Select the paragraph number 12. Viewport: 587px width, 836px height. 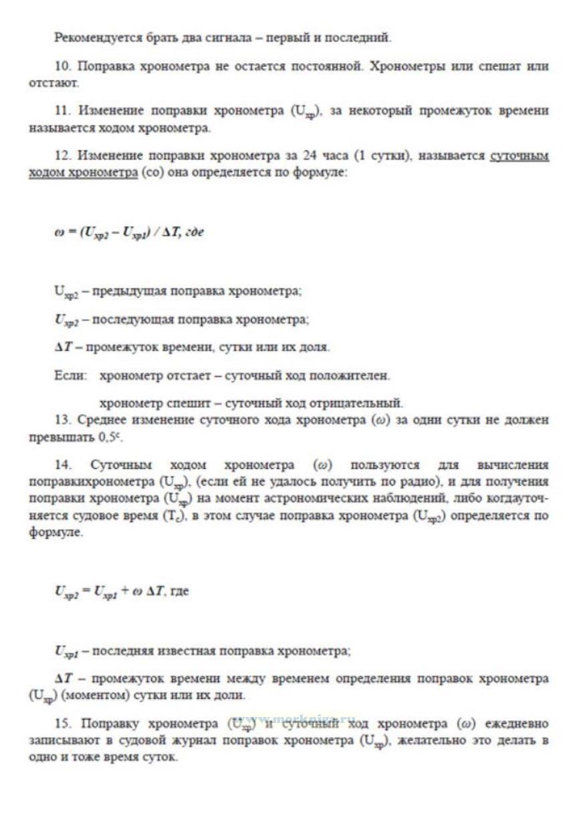point(62,156)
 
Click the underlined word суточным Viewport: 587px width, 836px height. point(519,156)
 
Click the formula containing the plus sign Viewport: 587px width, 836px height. point(122,592)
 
